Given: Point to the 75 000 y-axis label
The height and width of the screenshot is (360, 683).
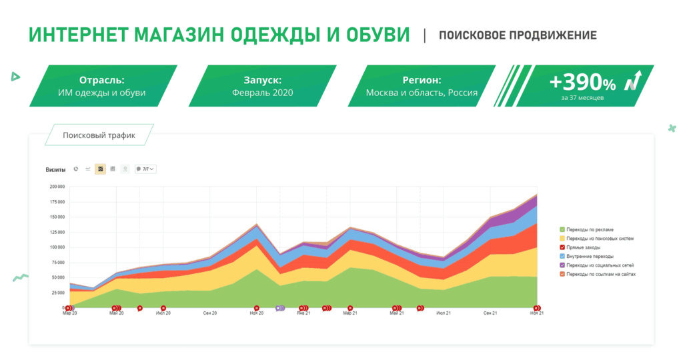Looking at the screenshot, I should [x=57, y=262].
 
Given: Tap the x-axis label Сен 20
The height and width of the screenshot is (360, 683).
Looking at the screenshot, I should [x=210, y=313].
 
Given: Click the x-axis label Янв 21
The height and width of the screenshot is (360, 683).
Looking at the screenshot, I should [x=303, y=313].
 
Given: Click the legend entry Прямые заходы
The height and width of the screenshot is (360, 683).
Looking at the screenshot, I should [x=585, y=247].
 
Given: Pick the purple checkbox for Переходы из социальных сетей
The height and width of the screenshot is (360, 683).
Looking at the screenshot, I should [x=562, y=265].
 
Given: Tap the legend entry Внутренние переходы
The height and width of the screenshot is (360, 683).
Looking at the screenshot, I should [x=590, y=257].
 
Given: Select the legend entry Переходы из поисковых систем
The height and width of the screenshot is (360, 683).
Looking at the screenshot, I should [x=600, y=239].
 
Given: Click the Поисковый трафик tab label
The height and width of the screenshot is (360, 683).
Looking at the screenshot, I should [x=99, y=135].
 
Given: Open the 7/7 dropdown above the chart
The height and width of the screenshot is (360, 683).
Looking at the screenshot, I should [x=145, y=169].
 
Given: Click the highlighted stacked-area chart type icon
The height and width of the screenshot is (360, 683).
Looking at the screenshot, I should [x=101, y=169].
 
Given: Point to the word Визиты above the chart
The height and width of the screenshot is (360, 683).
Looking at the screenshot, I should [x=55, y=169].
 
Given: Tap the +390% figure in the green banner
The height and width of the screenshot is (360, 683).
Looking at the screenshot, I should [x=582, y=83].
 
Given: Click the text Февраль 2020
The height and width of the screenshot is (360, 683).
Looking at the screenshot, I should [x=262, y=93].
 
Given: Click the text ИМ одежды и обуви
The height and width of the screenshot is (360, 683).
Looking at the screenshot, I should [x=102, y=93].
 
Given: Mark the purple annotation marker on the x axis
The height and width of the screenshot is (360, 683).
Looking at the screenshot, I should [x=279, y=308].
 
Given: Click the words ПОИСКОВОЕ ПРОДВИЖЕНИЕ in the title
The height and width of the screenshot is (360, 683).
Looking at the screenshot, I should [x=518, y=35].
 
